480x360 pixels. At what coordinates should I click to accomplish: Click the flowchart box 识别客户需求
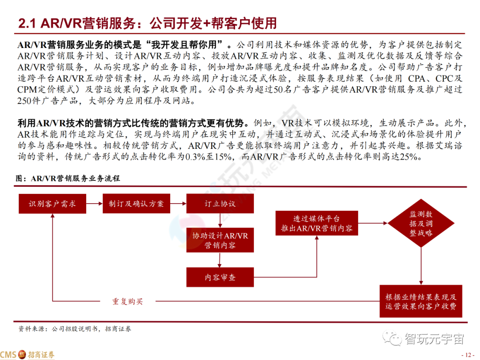pyautogui.click(x=52, y=204)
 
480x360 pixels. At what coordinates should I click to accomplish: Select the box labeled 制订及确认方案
pyautogui.click(x=136, y=204)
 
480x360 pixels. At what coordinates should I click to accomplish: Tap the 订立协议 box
pyautogui.click(x=220, y=204)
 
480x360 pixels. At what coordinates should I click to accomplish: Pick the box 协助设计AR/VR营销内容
pyautogui.click(x=220, y=240)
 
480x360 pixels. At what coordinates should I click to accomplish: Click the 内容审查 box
pyautogui.click(x=220, y=278)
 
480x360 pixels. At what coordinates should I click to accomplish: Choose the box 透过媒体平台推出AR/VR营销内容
pyautogui.click(x=316, y=224)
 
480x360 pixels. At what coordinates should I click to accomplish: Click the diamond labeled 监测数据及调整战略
pyautogui.click(x=420, y=224)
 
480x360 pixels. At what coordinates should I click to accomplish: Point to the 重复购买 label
pyautogui.click(x=128, y=301)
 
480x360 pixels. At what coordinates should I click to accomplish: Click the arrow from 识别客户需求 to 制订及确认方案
pyautogui.click(x=95, y=204)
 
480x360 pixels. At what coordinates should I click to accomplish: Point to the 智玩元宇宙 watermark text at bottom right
pyautogui.click(x=433, y=339)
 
